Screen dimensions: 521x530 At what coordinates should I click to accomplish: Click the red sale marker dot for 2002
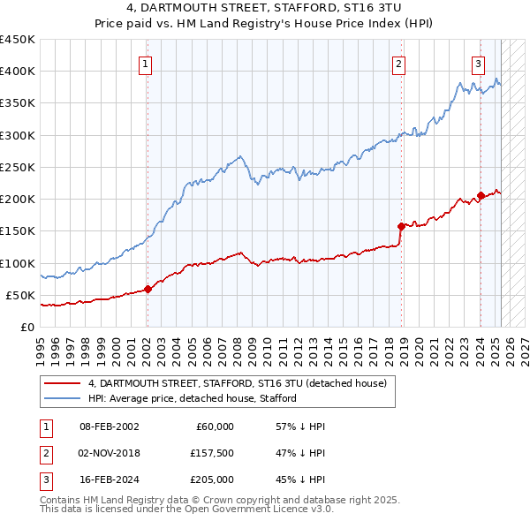(x=148, y=288)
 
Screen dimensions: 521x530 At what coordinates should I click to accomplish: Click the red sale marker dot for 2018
(x=401, y=226)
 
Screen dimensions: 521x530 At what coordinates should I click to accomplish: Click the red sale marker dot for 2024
(x=481, y=196)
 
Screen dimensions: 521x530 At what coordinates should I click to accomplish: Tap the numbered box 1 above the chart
(x=144, y=63)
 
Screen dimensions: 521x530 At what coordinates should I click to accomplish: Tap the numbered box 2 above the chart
(x=398, y=63)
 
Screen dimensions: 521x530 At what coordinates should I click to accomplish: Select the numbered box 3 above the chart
(x=478, y=63)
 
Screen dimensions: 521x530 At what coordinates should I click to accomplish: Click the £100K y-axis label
(x=18, y=263)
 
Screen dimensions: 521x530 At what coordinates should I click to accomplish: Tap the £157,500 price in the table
(x=211, y=453)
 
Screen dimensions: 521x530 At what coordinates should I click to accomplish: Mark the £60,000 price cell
(x=214, y=427)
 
